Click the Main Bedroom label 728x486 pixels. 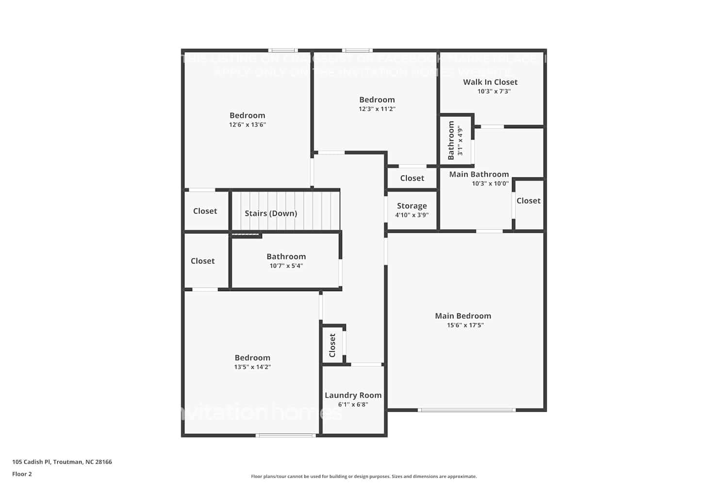click(x=463, y=316)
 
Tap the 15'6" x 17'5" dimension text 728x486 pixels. click(x=465, y=325)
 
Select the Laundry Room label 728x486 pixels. click(x=353, y=395)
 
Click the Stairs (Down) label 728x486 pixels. click(x=270, y=213)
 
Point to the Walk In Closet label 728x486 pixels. click(x=490, y=82)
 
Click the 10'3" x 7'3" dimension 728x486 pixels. click(x=494, y=91)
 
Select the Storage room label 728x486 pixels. click(x=412, y=206)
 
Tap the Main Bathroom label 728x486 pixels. click(x=479, y=174)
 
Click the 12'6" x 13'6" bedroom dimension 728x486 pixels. click(x=247, y=125)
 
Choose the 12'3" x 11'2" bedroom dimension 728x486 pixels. click(x=377, y=109)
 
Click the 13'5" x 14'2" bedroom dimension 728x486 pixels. click(x=252, y=367)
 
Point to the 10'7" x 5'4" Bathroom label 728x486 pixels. click(x=286, y=257)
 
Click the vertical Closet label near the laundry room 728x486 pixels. click(x=332, y=345)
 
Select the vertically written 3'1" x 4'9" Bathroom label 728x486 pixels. click(x=451, y=140)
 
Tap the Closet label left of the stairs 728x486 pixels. click(x=205, y=211)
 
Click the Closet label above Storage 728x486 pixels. click(x=412, y=178)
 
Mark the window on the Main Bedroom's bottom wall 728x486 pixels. click(x=466, y=410)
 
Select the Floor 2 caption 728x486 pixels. click(x=22, y=474)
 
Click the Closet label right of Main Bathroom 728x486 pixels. click(x=528, y=201)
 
